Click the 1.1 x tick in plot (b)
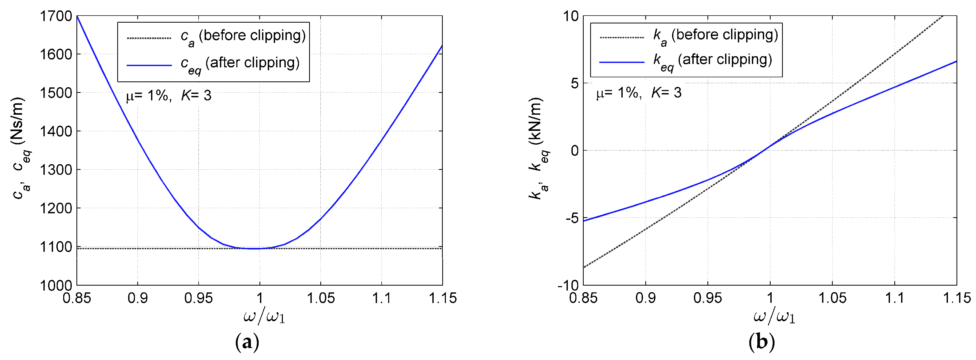click(894, 298)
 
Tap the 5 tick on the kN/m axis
click(575, 83)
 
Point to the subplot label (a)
click(247, 342)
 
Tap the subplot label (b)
click(762, 342)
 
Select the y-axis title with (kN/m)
click(538, 148)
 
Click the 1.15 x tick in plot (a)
click(442, 298)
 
